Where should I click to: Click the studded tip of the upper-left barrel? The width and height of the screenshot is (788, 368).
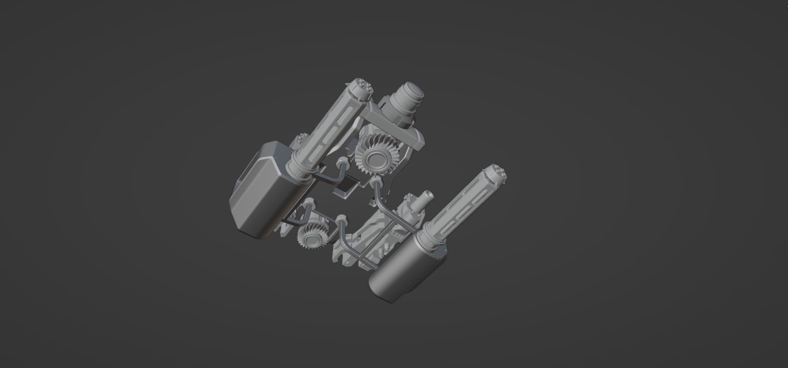361,87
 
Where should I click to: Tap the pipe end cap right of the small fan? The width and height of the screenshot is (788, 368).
343,219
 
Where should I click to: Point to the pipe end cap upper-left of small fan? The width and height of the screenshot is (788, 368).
310,203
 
